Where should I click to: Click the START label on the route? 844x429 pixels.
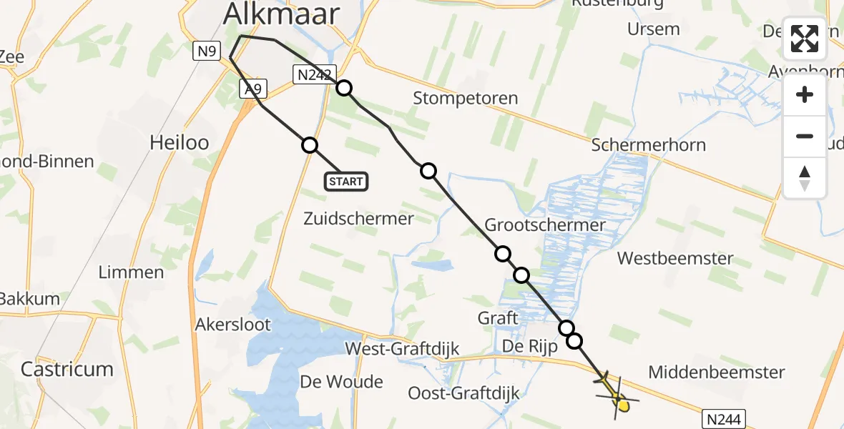pyautogui.click(x=346, y=182)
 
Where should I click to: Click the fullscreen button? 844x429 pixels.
pyautogui.click(x=805, y=39)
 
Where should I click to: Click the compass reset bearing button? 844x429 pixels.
pyautogui.click(x=805, y=177)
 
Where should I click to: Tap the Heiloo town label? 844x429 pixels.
pyautogui.click(x=179, y=142)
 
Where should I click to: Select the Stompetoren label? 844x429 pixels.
pyautogui.click(x=466, y=98)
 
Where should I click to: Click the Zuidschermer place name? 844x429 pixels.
pyautogui.click(x=358, y=218)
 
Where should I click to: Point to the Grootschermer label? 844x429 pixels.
pyautogui.click(x=545, y=225)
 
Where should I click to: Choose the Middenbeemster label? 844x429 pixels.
pyautogui.click(x=716, y=372)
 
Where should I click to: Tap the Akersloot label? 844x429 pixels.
pyautogui.click(x=233, y=325)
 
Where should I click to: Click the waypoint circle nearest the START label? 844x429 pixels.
pyautogui.click(x=310, y=145)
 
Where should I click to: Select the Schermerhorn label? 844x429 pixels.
pyautogui.click(x=648, y=144)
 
